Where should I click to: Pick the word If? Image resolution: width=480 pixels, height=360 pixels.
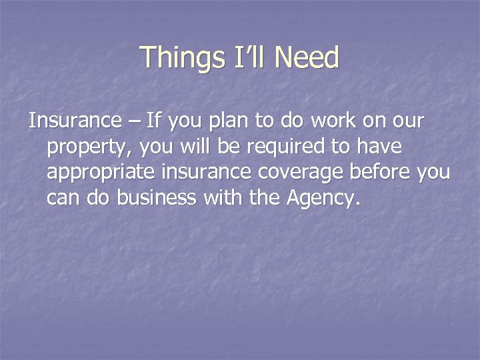(154, 121)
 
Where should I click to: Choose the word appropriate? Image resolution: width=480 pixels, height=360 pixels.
(101, 173)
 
